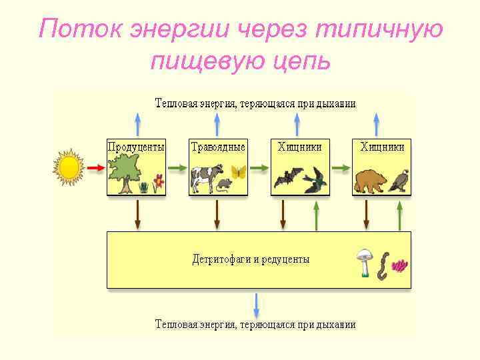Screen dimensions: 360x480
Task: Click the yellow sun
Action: pos(69,167)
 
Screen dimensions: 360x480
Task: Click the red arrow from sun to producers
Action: pos(95,168)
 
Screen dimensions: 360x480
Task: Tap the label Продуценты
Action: pos(136,147)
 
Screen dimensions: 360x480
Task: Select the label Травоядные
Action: pos(218,147)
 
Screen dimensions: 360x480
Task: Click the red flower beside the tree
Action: pos(158,181)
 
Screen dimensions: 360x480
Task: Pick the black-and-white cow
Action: pos(204,177)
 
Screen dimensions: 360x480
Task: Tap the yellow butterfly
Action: pos(238,172)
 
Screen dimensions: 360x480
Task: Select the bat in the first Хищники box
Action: pos(286,177)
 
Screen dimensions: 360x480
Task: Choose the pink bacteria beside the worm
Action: pos(399,266)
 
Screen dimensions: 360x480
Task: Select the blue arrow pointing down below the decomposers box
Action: pos(257,305)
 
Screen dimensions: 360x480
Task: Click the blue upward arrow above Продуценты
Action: pos(137,124)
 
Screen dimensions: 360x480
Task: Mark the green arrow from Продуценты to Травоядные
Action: pos(177,168)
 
